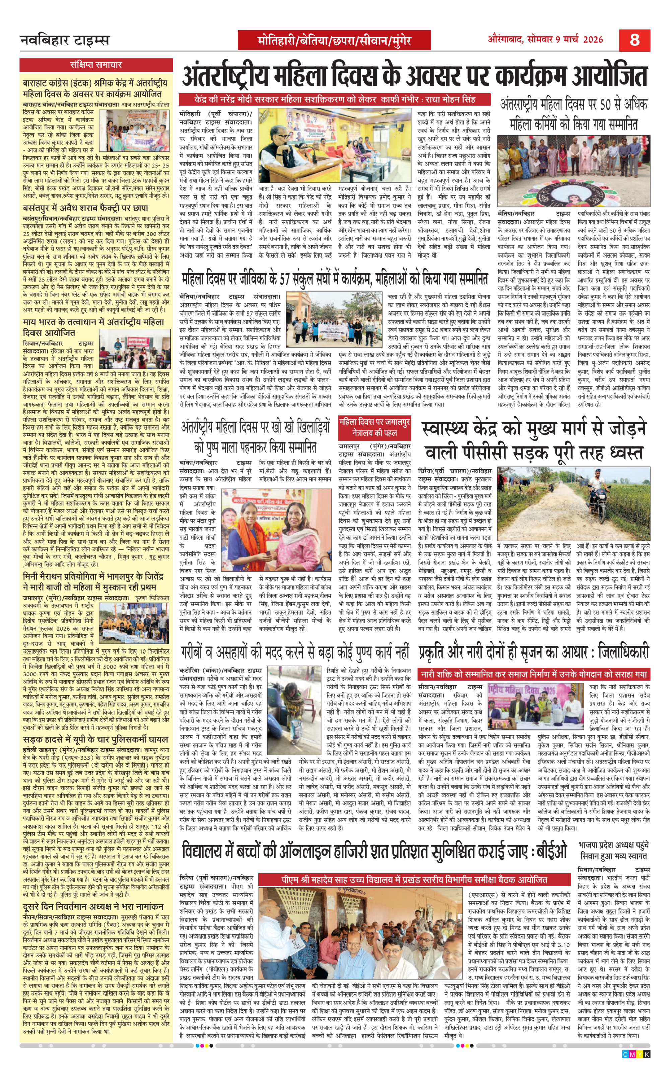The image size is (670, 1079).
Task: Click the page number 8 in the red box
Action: pyautogui.click(x=634, y=40)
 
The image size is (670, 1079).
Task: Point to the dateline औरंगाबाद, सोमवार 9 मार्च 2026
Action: pyautogui.click(x=545, y=39)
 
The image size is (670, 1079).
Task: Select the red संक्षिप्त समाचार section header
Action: pyautogui.click(x=96, y=65)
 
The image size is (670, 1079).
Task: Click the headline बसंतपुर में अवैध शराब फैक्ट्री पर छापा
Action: pyautogui.click(x=85, y=208)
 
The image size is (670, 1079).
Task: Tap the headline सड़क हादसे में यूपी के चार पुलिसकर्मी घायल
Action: pyautogui.click(x=95, y=739)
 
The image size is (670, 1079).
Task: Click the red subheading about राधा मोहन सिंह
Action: pyautogui.click(x=335, y=99)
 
